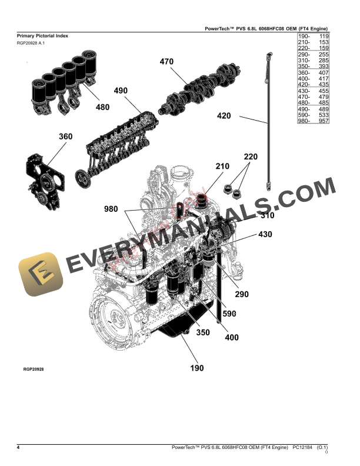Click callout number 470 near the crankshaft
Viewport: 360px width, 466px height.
[166, 61]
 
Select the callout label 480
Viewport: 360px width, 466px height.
[102, 107]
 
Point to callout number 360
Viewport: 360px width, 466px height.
[65, 137]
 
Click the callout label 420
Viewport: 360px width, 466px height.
[224, 116]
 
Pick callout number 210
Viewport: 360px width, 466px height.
[222, 167]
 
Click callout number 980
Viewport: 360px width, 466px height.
[111, 209]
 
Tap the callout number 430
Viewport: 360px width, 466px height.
[265, 234]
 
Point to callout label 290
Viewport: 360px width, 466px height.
[242, 294]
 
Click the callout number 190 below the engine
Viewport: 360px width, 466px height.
[196, 368]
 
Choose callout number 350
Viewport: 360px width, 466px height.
[203, 332]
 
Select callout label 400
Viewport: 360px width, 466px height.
[231, 338]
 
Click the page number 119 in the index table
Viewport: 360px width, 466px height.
[323, 36]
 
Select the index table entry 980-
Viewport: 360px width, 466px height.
[304, 121]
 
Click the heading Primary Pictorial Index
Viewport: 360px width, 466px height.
[42, 36]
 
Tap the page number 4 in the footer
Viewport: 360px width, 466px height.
[18, 448]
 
